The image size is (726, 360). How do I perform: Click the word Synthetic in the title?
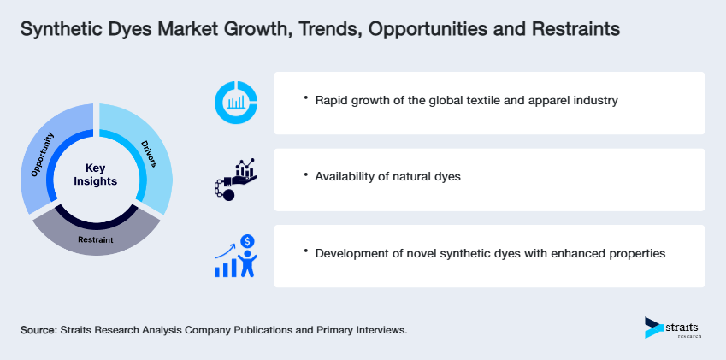coord(59,30)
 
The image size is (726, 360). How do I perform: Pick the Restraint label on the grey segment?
coord(96,240)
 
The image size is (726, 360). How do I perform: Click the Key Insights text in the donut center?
coord(96,175)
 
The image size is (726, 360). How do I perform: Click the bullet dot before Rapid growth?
coord(305,99)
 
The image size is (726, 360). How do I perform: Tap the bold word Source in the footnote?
coord(39,329)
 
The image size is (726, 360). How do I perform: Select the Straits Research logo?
coord(672,328)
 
